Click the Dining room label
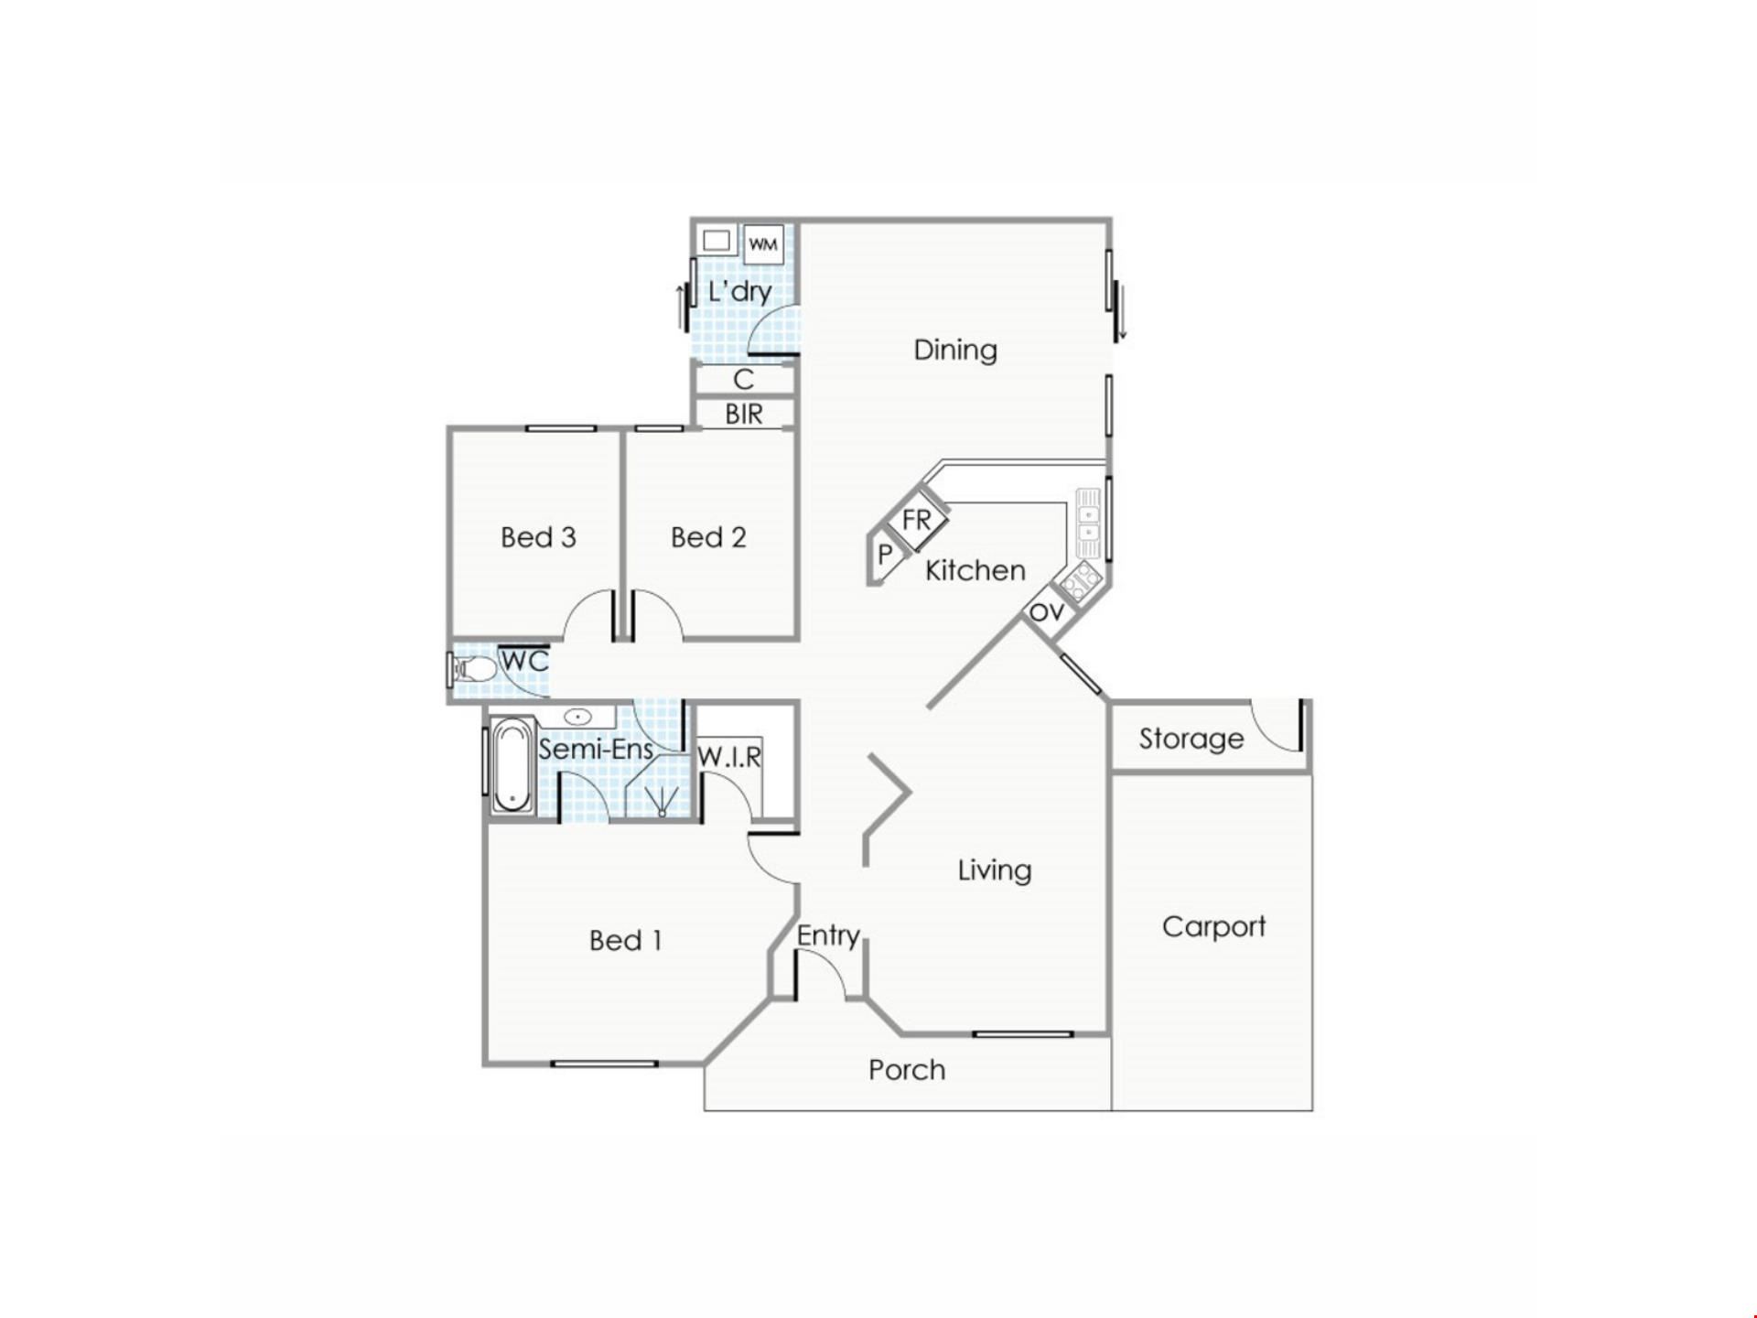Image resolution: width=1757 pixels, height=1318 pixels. [x=955, y=350]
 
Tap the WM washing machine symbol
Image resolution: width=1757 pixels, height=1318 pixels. [x=763, y=243]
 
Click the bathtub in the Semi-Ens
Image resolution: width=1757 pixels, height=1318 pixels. [x=512, y=765]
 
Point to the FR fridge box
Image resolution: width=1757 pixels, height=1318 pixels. [x=917, y=521]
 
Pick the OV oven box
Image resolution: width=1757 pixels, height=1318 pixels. [x=1047, y=610]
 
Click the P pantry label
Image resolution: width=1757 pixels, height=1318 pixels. [x=884, y=555]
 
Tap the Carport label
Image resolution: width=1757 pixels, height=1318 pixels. [x=1213, y=927]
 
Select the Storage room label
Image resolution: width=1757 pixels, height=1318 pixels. [x=1191, y=739]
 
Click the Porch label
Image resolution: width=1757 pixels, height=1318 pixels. [x=907, y=1070]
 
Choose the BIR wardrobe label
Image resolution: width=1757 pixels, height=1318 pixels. [x=744, y=415]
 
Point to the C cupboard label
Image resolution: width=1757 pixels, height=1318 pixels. [x=744, y=379]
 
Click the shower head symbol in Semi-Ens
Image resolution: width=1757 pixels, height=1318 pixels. [x=662, y=802]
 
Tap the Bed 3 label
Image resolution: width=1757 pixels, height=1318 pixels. [x=538, y=537]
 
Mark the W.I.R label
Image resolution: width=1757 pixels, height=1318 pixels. [x=729, y=757]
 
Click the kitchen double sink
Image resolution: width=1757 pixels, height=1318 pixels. [x=1088, y=521]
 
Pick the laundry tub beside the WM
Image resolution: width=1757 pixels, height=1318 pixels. [x=717, y=241]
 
